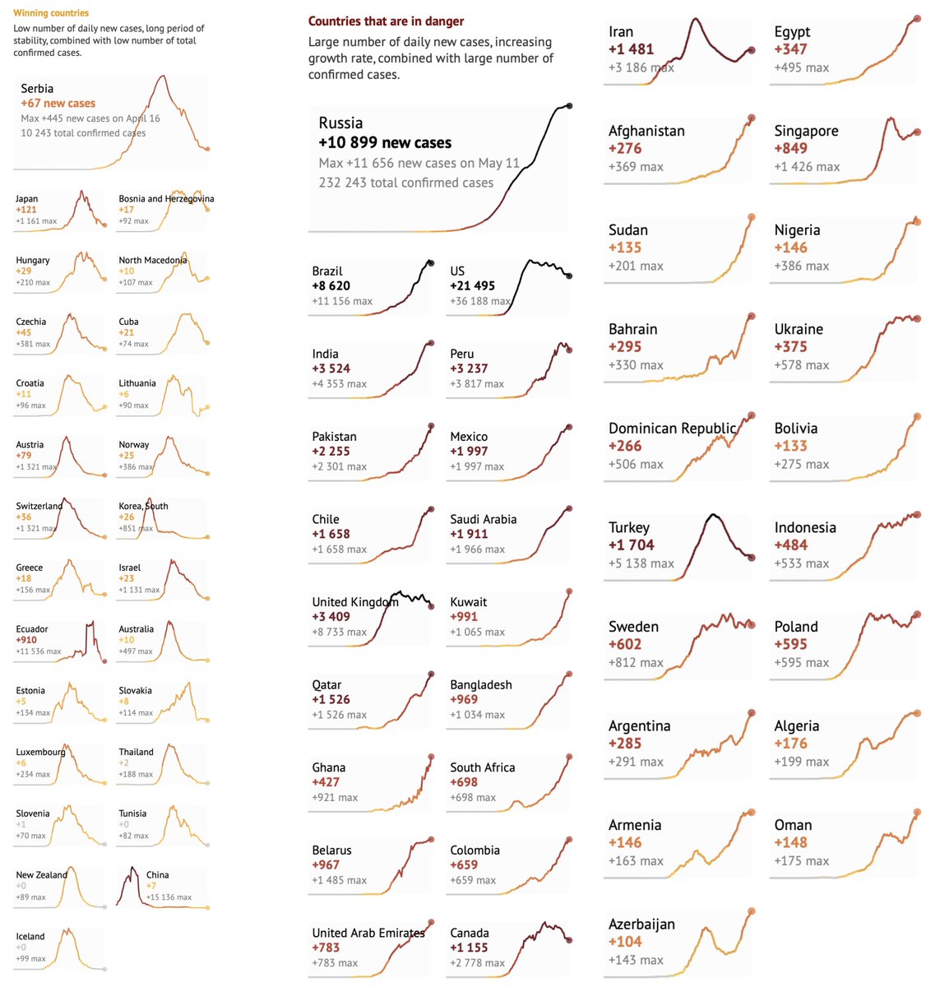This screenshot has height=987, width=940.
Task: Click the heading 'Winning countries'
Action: click(x=51, y=13)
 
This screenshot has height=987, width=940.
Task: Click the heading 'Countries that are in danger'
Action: click(x=386, y=21)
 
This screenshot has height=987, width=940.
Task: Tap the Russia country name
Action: click(x=340, y=123)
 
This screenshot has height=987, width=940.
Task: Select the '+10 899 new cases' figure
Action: click(x=385, y=143)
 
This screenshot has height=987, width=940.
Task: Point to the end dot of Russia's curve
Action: click(x=569, y=106)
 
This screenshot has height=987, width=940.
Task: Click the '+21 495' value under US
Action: click(x=472, y=286)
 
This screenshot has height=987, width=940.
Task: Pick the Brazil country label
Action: click(x=327, y=271)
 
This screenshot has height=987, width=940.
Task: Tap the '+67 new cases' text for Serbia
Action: click(x=58, y=104)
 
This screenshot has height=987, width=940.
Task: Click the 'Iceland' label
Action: click(x=30, y=937)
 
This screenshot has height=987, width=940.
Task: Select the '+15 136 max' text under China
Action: click(x=169, y=897)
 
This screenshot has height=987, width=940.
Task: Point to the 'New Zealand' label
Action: click(x=41, y=875)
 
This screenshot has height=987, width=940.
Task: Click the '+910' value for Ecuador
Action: click(x=26, y=640)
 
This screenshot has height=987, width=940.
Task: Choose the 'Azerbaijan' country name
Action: click(x=641, y=924)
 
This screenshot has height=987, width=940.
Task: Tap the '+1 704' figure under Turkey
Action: click(x=631, y=545)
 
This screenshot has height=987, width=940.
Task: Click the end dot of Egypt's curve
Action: click(x=917, y=19)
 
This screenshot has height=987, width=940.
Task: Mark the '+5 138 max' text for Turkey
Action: click(x=641, y=564)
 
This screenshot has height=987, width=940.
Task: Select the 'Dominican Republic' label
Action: click(x=672, y=429)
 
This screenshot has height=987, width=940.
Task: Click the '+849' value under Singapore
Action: click(x=790, y=149)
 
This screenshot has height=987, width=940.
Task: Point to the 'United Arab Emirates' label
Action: click(x=368, y=934)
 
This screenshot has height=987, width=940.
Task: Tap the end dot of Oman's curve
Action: click(x=917, y=813)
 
